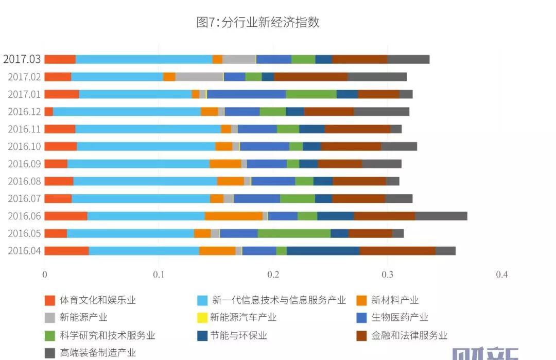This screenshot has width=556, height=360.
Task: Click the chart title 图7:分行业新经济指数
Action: [258, 23]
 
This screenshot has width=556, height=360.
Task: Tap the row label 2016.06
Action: [24, 216]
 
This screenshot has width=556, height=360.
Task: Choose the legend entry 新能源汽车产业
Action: [243, 318]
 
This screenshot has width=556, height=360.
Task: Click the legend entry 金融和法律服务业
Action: [409, 335]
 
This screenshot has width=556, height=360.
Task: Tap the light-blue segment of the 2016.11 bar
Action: [148, 129]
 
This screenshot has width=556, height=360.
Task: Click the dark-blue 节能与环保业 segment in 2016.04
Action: [323, 251]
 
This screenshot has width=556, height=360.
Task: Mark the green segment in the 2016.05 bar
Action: [294, 233]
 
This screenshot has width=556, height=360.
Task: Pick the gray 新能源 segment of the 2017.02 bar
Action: [199, 77]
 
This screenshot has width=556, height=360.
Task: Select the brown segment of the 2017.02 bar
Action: [310, 77]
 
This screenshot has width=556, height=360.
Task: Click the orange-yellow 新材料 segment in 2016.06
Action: [234, 216]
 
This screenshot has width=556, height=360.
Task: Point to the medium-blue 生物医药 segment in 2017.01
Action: [246, 94]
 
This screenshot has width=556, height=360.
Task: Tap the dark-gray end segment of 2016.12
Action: [381, 111]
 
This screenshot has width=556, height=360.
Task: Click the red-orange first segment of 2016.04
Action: [66, 251]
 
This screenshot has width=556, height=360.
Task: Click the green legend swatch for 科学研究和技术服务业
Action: [49, 335]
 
